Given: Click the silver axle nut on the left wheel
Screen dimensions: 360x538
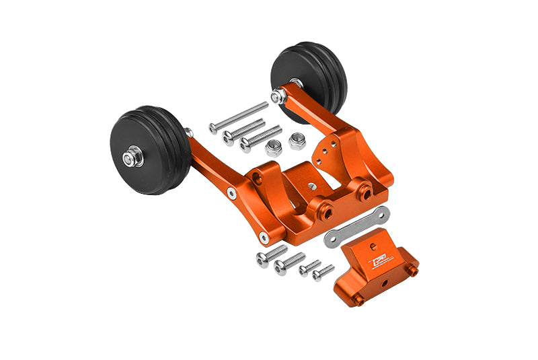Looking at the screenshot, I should pyautogui.click(x=130, y=158).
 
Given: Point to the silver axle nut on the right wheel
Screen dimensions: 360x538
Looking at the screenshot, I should pyautogui.click(x=277, y=97).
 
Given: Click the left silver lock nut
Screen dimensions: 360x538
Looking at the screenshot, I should pyautogui.click(x=273, y=148).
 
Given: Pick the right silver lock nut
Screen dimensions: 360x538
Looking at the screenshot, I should pyautogui.click(x=297, y=141).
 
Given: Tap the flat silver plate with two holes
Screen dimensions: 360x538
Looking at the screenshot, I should pyautogui.click(x=356, y=227).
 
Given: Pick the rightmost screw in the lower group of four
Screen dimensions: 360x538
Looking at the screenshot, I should pyautogui.click(x=323, y=273).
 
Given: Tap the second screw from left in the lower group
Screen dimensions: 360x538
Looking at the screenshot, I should pyautogui.click(x=289, y=262).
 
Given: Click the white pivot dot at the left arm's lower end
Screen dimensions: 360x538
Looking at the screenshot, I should pyautogui.click(x=262, y=237).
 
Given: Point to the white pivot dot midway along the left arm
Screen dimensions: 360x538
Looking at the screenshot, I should pyautogui.click(x=231, y=192).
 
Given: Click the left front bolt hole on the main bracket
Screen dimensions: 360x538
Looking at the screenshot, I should pyautogui.click(x=327, y=213).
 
